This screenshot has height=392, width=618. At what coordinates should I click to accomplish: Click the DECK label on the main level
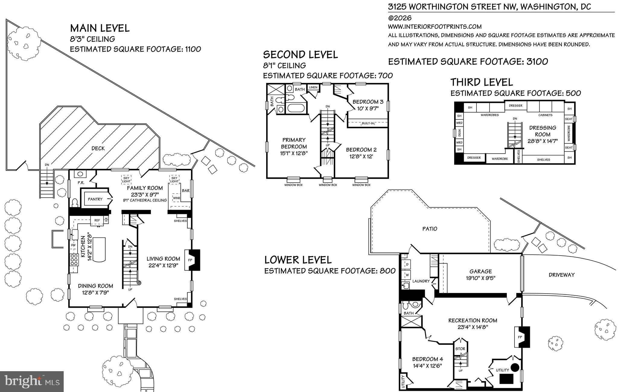tap(98, 148)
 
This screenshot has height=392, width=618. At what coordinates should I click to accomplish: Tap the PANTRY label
tap(95, 199)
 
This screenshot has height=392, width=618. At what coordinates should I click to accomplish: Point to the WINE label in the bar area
tap(177, 198)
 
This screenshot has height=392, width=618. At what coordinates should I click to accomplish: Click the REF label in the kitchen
tap(97, 220)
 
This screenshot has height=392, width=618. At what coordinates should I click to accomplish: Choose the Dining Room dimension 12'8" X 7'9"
tap(95, 292)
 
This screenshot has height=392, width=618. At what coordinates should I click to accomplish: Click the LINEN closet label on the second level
tap(313, 88)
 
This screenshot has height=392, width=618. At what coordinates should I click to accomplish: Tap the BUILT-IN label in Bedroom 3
tap(368, 123)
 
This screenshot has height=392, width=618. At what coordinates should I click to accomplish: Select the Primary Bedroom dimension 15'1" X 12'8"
tap(294, 153)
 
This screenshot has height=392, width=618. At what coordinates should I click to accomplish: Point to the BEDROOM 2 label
tap(361, 150)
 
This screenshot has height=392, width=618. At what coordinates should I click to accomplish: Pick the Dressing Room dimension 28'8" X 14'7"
tap(543, 141)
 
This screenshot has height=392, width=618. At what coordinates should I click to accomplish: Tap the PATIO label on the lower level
tap(430, 229)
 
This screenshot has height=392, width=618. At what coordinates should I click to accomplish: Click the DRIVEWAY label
tap(562, 275)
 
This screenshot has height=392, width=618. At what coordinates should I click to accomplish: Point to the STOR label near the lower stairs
tap(460, 349)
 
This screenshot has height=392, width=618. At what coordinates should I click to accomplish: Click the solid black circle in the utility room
tap(515, 367)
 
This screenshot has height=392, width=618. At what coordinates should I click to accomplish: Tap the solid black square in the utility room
tap(507, 379)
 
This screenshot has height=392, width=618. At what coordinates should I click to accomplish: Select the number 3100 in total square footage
tap(537, 62)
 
